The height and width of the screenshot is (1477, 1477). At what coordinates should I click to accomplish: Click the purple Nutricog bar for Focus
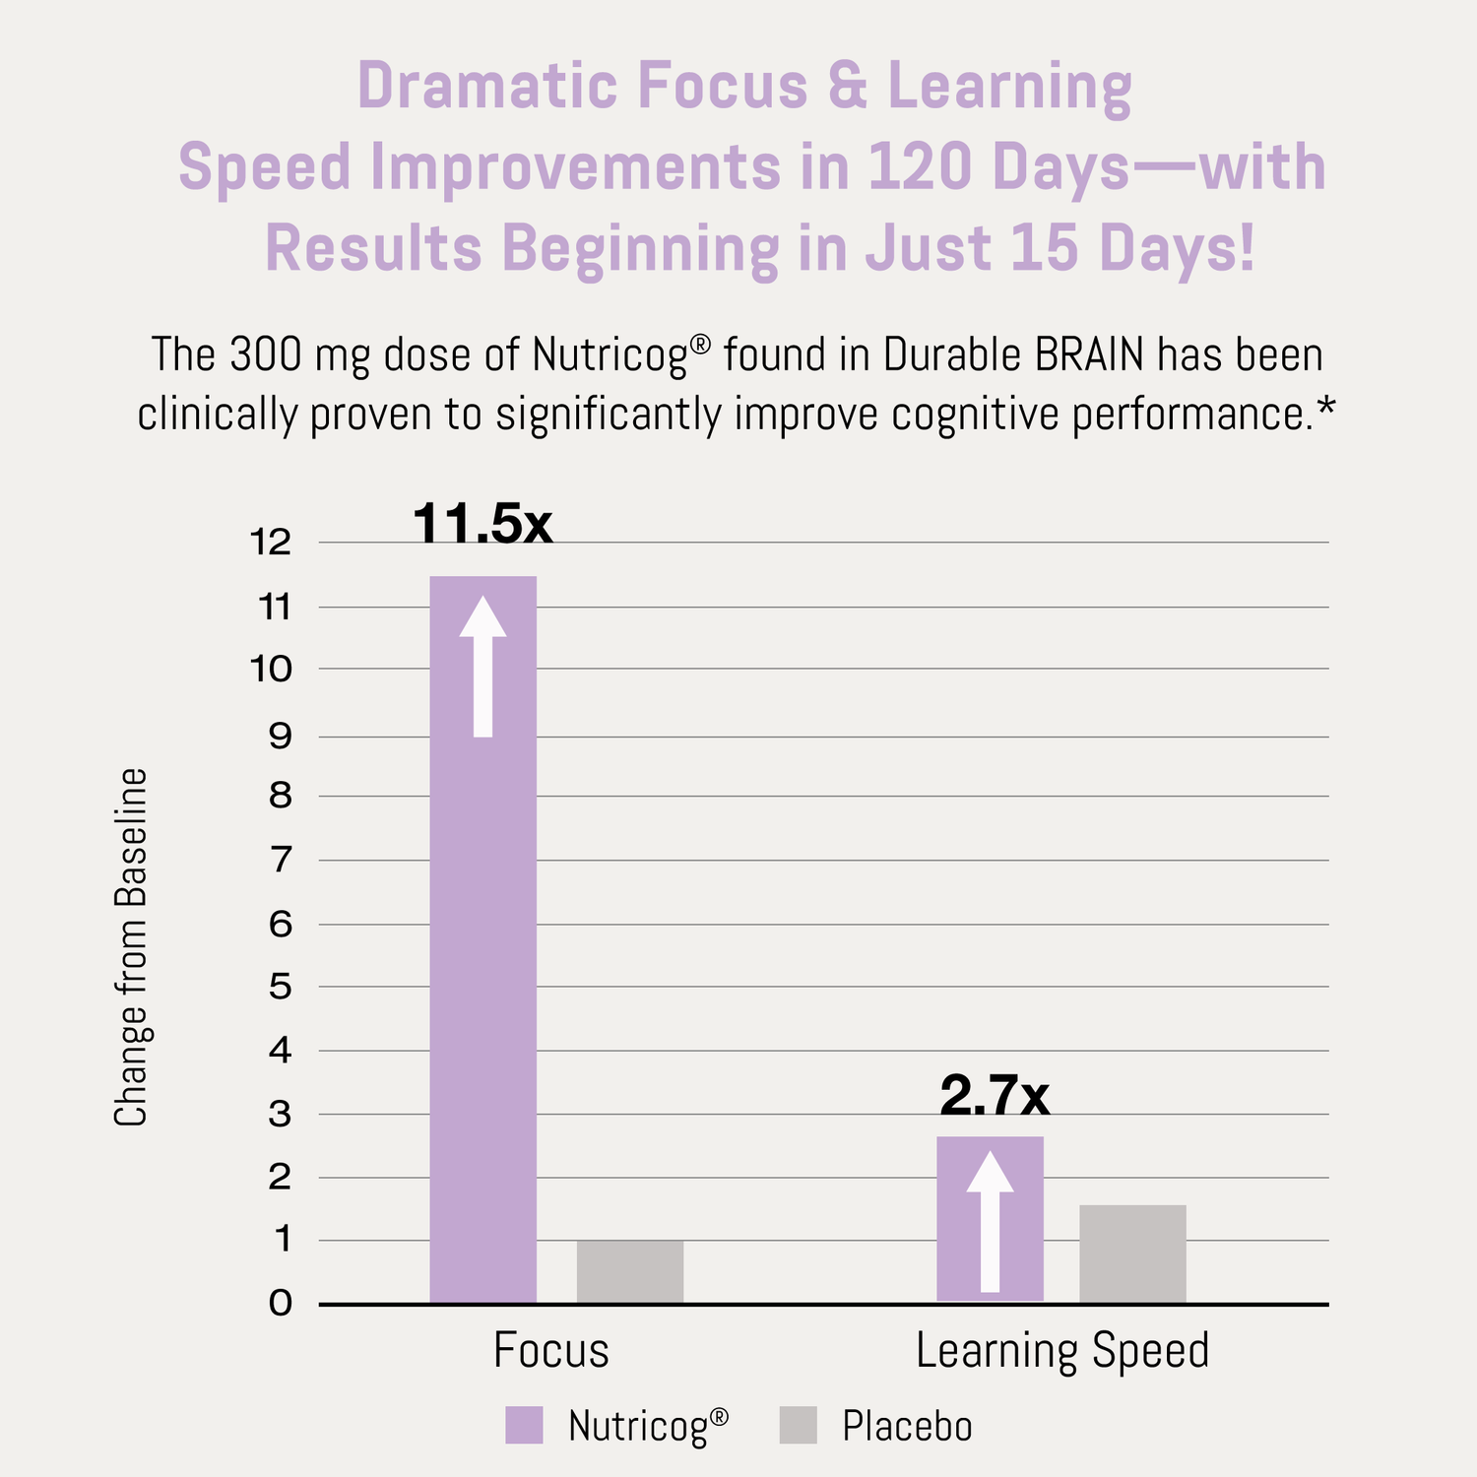[x=482, y=985]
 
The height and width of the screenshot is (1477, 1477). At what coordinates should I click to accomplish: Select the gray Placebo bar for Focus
[x=630, y=1271]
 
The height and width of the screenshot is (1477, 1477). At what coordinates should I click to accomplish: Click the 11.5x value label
[x=482, y=523]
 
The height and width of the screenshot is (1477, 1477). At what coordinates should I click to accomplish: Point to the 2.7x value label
[x=995, y=1095]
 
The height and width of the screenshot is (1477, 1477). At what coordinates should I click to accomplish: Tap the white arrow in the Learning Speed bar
[x=990, y=1221]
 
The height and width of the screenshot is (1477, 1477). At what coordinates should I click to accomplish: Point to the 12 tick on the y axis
[x=271, y=542]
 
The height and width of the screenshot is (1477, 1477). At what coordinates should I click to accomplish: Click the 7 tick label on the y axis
[x=281, y=861]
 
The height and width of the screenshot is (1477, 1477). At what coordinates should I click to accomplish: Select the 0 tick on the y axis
[x=281, y=1304]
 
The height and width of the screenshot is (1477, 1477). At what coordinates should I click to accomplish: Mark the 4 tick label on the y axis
[x=281, y=1051]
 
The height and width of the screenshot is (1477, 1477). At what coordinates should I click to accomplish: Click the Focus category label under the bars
[x=551, y=1350]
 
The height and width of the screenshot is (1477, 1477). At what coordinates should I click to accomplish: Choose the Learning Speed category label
[x=1062, y=1350]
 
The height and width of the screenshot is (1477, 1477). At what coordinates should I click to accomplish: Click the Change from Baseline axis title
[x=130, y=947]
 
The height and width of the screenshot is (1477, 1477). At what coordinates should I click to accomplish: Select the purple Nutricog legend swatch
[x=524, y=1425]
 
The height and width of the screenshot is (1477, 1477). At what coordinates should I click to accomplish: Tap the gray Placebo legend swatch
[x=798, y=1425]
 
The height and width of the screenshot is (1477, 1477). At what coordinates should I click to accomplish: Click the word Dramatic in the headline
[x=486, y=86]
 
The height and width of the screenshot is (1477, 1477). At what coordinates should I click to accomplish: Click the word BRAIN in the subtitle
[x=1090, y=355]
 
